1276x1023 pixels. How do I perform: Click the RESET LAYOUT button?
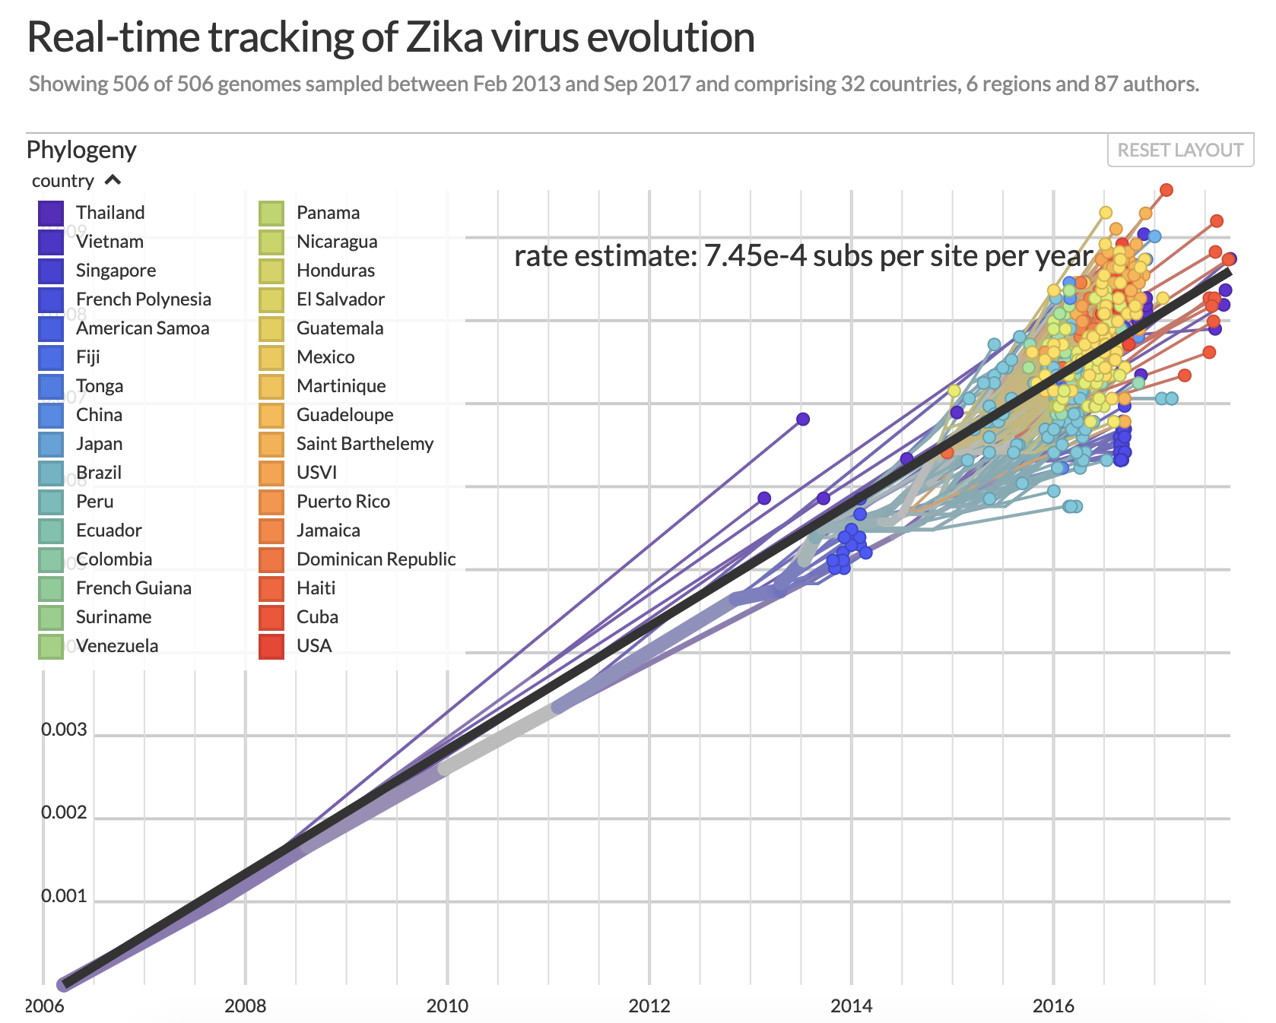(x=1180, y=150)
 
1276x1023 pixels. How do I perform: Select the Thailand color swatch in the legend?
(x=51, y=213)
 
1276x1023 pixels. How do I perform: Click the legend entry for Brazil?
(x=99, y=473)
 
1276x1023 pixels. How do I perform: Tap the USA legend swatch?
(x=271, y=646)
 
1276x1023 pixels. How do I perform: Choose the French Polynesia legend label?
(x=144, y=299)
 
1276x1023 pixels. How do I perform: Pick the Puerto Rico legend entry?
(x=343, y=502)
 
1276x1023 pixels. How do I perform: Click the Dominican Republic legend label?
(x=376, y=559)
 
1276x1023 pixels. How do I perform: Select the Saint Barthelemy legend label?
(x=365, y=444)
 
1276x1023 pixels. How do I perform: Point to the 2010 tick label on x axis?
(x=447, y=1006)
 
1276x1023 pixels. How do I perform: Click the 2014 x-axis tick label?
(x=851, y=1006)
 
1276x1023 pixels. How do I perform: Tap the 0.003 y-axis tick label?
(x=65, y=730)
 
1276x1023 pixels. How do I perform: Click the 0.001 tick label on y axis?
(x=65, y=896)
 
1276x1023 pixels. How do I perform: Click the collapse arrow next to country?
(x=113, y=180)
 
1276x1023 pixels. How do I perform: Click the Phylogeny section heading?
(x=81, y=150)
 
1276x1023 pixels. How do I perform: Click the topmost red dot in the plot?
(x=1166, y=189)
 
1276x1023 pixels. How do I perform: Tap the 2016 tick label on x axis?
(x=1053, y=1006)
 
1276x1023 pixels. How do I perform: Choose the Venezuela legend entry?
(x=117, y=646)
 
